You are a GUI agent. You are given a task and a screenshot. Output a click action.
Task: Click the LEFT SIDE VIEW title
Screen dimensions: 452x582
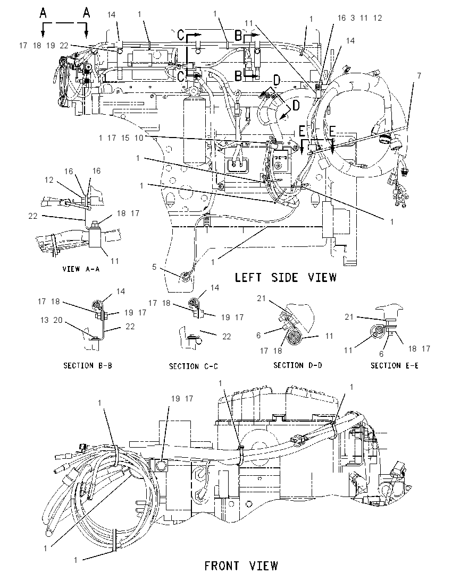click(x=286, y=277)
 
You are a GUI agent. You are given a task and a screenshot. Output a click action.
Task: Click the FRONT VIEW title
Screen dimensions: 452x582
click(x=241, y=566)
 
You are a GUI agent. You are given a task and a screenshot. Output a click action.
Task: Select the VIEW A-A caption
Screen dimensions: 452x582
click(x=81, y=269)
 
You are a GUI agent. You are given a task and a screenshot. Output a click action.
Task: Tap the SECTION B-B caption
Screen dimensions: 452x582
click(x=88, y=365)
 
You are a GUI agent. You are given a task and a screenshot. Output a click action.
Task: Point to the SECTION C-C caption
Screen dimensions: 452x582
click(x=193, y=366)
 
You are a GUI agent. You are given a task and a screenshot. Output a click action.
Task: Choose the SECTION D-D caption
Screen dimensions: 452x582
click(x=298, y=365)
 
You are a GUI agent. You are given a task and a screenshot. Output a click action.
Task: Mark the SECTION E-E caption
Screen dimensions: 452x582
click(x=395, y=365)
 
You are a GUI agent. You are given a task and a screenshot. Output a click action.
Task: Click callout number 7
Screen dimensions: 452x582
click(x=419, y=76)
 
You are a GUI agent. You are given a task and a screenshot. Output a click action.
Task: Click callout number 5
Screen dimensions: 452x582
click(x=154, y=267)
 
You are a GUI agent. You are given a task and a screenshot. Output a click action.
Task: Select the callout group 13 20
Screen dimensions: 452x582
click(x=51, y=320)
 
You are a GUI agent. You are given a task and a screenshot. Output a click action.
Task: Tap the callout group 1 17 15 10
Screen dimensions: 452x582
click(x=121, y=138)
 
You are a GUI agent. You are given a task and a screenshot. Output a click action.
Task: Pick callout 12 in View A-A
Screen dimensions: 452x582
click(x=49, y=180)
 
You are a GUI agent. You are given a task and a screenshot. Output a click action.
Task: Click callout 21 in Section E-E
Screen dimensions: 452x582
click(x=349, y=316)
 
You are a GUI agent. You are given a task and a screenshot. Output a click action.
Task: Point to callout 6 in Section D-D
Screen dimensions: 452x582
click(x=259, y=335)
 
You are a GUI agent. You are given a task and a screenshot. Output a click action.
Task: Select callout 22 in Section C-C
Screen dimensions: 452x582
click(x=227, y=336)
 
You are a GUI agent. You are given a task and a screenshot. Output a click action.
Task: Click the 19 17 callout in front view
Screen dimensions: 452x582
click(x=182, y=399)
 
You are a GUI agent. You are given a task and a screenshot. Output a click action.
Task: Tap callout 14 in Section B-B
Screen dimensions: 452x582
click(x=121, y=292)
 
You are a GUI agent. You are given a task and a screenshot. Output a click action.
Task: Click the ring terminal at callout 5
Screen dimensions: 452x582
click(x=185, y=276)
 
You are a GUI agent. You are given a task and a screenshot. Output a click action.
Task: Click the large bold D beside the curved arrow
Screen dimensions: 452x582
click(x=296, y=106)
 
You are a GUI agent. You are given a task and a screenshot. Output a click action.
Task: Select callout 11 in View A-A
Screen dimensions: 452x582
click(x=114, y=261)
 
